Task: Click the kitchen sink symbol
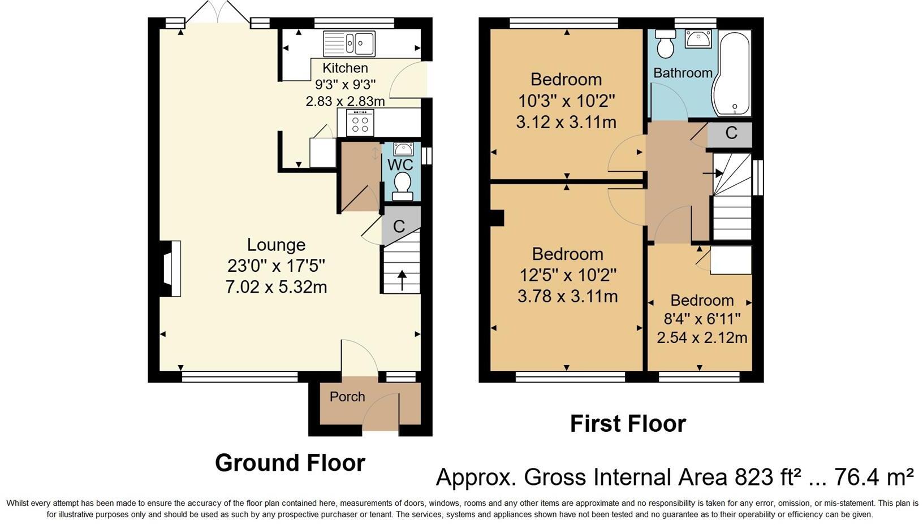pos(349,43)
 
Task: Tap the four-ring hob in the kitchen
pos(360,122)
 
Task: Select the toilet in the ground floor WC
pos(403,186)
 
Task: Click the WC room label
pos(400,164)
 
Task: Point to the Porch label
pos(347,397)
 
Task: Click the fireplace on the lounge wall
pos(170,268)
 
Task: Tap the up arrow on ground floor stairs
pos(402,280)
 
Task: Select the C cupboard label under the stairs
pos(399,227)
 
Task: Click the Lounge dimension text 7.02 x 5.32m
pos(276,287)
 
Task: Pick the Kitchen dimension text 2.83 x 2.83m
pos(345,101)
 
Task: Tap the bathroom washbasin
pos(698,38)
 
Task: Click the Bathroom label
pos(683,73)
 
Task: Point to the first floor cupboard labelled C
pos(731,133)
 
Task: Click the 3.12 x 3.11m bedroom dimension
pos(566,122)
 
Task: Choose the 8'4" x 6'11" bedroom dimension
pos(702,319)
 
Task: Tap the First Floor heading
pos(628,424)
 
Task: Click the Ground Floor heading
pos(290,463)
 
